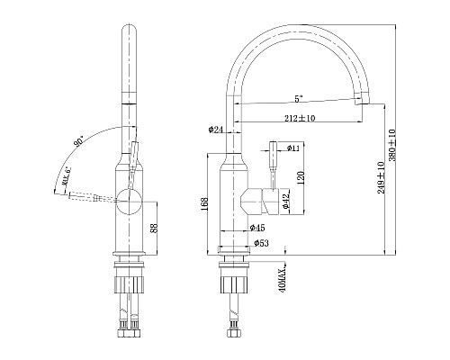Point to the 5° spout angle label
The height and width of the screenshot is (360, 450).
[x=297, y=97]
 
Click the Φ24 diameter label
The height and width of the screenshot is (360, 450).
[x=215, y=130]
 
